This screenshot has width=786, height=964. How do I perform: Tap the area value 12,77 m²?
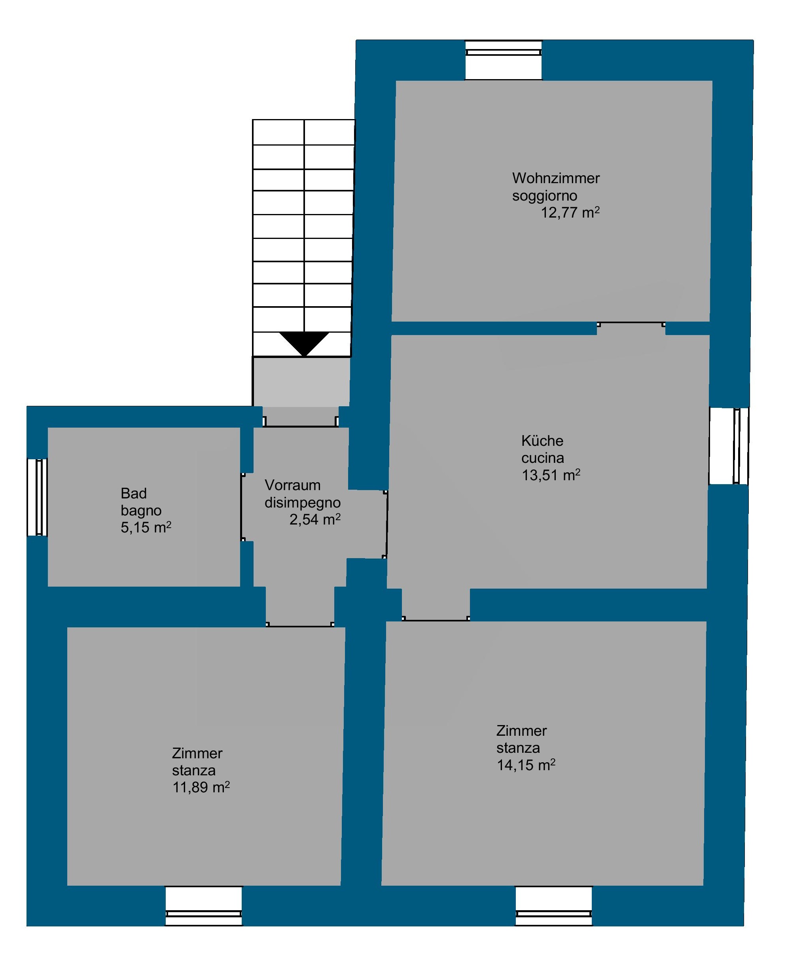point(570,212)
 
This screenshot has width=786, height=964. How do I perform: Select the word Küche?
point(542,440)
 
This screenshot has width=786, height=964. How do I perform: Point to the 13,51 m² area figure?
point(551,475)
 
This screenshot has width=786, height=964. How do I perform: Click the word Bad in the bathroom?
point(133,493)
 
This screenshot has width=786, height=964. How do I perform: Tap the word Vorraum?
point(292,485)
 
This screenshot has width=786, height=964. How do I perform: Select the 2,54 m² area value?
point(314,519)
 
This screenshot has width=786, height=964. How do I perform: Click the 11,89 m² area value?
point(201,788)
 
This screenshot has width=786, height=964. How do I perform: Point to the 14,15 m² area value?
point(526,765)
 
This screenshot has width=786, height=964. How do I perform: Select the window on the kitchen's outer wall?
point(729,445)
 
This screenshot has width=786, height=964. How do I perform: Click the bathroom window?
point(38,497)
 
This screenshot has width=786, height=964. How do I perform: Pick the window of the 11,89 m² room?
point(203,905)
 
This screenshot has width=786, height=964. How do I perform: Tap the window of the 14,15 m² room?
point(554,905)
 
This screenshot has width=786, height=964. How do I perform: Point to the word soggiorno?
point(544,196)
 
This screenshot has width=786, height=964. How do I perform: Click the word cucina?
point(542,458)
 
